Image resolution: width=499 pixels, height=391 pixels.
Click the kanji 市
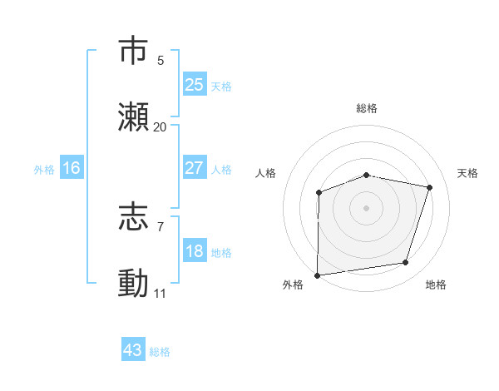[134, 52]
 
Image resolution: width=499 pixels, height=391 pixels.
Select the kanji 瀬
[134, 117]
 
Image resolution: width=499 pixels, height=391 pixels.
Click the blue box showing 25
[195, 85]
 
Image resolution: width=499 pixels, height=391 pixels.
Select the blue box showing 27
[195, 168]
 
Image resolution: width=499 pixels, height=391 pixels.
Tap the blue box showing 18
[195, 251]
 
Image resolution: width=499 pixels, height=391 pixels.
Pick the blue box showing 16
[72, 168]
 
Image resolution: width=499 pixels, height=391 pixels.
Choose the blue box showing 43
[133, 350]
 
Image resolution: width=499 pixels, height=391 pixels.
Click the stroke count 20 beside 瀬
[161, 127]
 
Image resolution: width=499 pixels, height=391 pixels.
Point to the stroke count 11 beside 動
[161, 294]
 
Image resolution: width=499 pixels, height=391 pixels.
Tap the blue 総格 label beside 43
[161, 352]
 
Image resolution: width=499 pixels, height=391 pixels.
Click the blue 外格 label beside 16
[44, 170]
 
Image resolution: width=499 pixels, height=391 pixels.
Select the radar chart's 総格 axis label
[367, 108]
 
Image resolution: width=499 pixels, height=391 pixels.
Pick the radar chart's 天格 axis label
[467, 173]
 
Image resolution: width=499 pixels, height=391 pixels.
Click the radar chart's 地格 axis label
[436, 285]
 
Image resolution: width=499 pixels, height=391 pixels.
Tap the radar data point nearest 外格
[318, 275]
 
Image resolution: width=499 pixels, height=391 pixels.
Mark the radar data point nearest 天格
[430, 187]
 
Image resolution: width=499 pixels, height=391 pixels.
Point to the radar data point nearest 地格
[406, 263]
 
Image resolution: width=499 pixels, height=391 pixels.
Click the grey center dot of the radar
[366, 207]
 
